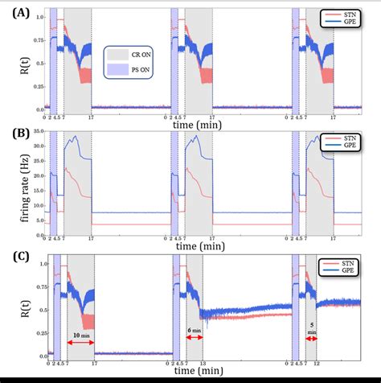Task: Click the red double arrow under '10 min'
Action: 80,343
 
